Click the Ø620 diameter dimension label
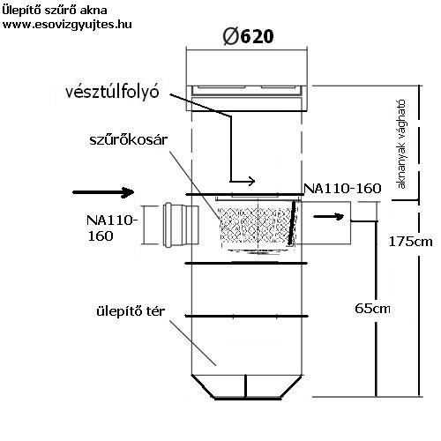(x=248, y=36)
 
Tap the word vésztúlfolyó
(x=112, y=92)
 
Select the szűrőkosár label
(x=129, y=140)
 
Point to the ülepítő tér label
(x=131, y=311)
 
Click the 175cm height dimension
(x=410, y=242)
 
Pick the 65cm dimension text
(x=372, y=309)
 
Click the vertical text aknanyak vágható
(x=401, y=144)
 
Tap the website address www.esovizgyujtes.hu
(x=67, y=24)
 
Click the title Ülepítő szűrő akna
(x=55, y=11)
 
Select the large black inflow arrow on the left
(x=103, y=192)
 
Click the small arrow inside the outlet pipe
(x=329, y=217)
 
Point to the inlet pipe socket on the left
(x=181, y=225)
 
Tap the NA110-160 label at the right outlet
(x=342, y=189)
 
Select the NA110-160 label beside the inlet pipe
(x=112, y=228)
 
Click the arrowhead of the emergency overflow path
(x=251, y=181)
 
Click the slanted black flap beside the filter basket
(x=292, y=223)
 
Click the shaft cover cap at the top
(x=247, y=98)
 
